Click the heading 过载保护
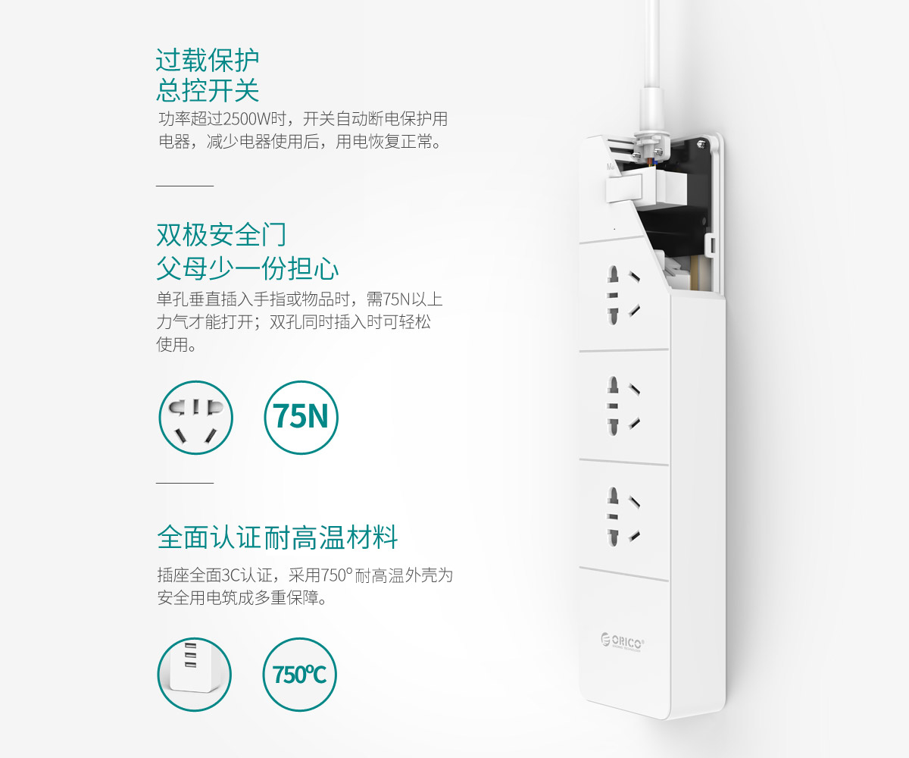pos(208,60)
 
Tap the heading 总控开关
pos(208,91)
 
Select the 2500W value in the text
pos(246,118)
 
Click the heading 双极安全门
pos(221,235)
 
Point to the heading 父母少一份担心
pos(247,268)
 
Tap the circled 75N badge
pos(301,417)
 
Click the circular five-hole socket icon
pos(195,418)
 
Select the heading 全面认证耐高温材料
pos(277,537)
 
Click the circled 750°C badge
pos(299,675)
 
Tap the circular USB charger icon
pos(194,675)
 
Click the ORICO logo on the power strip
pos(623,642)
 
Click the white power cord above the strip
pos(651,65)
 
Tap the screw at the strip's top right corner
pos(701,143)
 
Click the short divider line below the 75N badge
pos(185,483)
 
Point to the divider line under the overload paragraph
pos(185,186)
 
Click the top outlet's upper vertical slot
pos(613,275)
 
